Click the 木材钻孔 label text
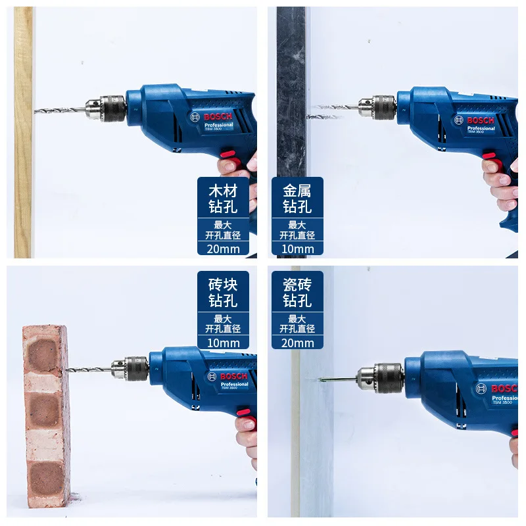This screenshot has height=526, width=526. point(224,199)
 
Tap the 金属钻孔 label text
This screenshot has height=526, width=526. point(297,199)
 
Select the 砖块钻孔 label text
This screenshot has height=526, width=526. point(224,293)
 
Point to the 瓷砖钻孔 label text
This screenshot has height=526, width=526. point(297,293)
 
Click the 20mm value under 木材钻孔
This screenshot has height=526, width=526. point(224,249)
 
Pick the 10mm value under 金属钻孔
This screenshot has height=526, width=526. point(297,249)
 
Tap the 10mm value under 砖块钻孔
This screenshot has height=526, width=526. point(224,343)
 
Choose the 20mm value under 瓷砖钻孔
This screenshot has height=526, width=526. point(297,343)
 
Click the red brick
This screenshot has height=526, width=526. point(47,414)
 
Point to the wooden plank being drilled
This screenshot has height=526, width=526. point(23,131)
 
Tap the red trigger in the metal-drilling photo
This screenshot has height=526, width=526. point(490,156)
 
